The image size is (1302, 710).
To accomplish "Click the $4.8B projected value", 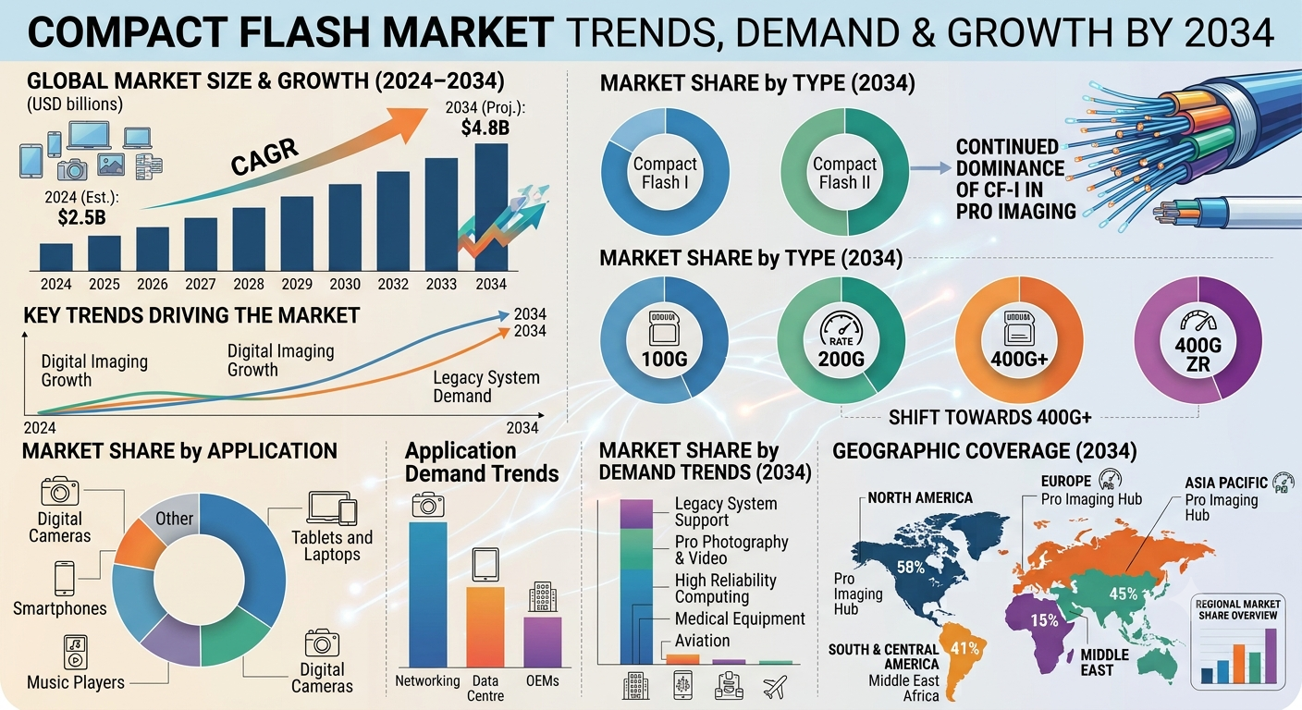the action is point(485,128).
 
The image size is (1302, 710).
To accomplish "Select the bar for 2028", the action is point(249,239).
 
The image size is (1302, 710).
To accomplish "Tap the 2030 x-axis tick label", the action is point(345,284).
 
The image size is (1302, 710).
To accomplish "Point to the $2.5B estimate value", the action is point(82,217).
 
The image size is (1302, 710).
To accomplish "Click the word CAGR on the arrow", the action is point(264,157).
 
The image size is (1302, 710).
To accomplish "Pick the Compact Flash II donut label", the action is point(844,173).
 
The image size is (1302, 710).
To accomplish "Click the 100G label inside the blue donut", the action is point(664,359).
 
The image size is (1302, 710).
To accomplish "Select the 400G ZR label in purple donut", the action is point(1198,355).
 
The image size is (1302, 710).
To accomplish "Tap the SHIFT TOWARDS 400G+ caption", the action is point(989,417).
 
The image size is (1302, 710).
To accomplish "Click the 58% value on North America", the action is point(911,567).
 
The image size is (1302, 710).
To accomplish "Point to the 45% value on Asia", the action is point(1123,594).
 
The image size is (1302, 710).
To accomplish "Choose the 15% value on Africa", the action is point(1045,620).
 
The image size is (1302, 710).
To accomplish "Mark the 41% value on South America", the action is point(964,648).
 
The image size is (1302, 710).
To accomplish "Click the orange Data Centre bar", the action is point(485,627).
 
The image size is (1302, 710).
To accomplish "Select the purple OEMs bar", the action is point(542,642).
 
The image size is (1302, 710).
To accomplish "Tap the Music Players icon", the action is point(75,652).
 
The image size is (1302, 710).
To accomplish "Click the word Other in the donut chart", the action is point(175,519).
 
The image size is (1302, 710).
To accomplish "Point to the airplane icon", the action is point(775,687).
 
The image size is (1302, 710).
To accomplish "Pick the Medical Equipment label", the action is point(740,618).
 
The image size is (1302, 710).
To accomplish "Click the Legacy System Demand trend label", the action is point(486,386).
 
